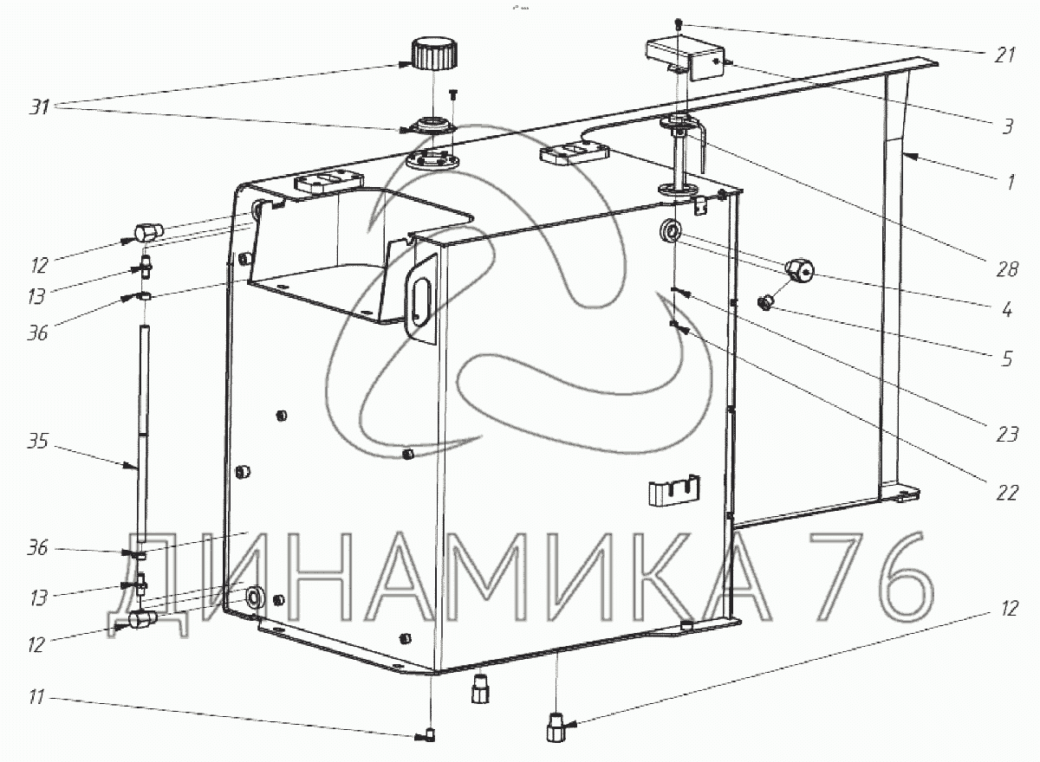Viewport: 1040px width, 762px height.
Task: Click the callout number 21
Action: (x=1004, y=55)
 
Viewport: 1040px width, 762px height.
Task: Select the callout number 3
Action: (x=1006, y=126)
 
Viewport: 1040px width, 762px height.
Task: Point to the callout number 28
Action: (x=1006, y=269)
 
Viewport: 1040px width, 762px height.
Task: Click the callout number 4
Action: (x=1006, y=309)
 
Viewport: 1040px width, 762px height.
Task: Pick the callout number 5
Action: (x=1006, y=358)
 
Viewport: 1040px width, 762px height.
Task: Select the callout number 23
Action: (x=1006, y=435)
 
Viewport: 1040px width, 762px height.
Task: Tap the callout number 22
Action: (x=1006, y=493)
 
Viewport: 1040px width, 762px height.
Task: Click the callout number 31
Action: (x=39, y=107)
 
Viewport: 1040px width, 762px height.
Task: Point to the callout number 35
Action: (x=37, y=442)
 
